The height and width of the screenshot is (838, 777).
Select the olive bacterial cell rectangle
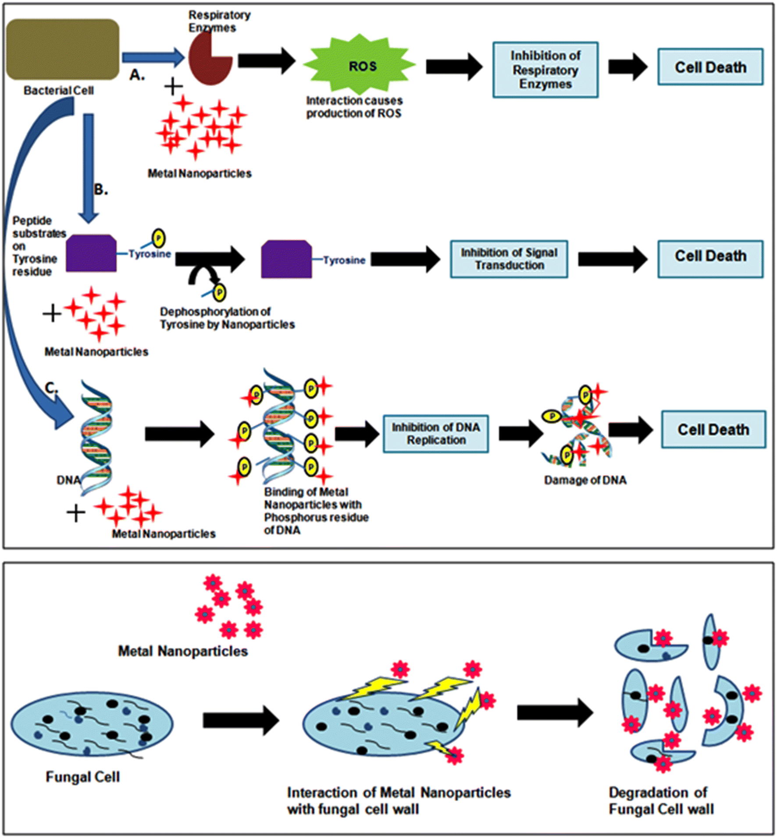pyautogui.click(x=63, y=49)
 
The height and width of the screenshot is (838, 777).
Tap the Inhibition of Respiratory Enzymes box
pyautogui.click(x=545, y=70)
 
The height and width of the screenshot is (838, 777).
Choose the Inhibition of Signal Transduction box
pyautogui.click(x=509, y=259)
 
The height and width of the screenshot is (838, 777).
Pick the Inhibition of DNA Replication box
pyautogui.click(x=435, y=433)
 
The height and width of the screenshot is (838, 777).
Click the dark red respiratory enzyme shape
pyautogui.click(x=208, y=59)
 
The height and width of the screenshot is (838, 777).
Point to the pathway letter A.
pyautogui.click(x=136, y=75)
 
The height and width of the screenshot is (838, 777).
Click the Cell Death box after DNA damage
pyautogui.click(x=713, y=430)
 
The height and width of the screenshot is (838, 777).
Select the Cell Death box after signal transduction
pyautogui.click(x=710, y=259)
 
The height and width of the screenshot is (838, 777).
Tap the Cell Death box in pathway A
pyautogui.click(x=710, y=67)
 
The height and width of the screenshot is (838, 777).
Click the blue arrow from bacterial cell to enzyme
pyautogui.click(x=153, y=57)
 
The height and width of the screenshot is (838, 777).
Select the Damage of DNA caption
pyautogui.click(x=585, y=480)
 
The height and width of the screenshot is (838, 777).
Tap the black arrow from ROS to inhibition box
pyautogui.click(x=453, y=67)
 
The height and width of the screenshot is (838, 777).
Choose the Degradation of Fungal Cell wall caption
pyautogui.click(x=661, y=800)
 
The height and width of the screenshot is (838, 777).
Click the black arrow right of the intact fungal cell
pyautogui.click(x=241, y=720)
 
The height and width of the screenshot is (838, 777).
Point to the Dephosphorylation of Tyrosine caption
pyautogui.click(x=227, y=318)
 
